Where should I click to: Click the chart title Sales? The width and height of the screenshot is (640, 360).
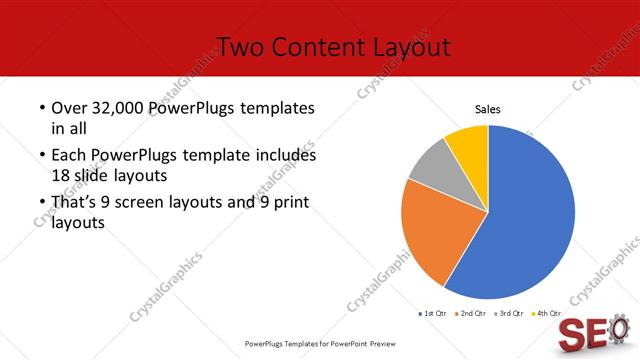[487, 109]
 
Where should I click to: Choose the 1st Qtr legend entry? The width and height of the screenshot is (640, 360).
[434, 314]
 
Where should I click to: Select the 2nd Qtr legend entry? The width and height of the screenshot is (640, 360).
[471, 314]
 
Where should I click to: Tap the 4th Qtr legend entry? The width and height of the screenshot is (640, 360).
[546, 314]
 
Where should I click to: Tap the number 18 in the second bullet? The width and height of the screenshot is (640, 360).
[60, 174]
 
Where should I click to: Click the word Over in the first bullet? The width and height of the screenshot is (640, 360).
[68, 108]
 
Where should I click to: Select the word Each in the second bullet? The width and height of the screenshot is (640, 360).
[68, 156]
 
